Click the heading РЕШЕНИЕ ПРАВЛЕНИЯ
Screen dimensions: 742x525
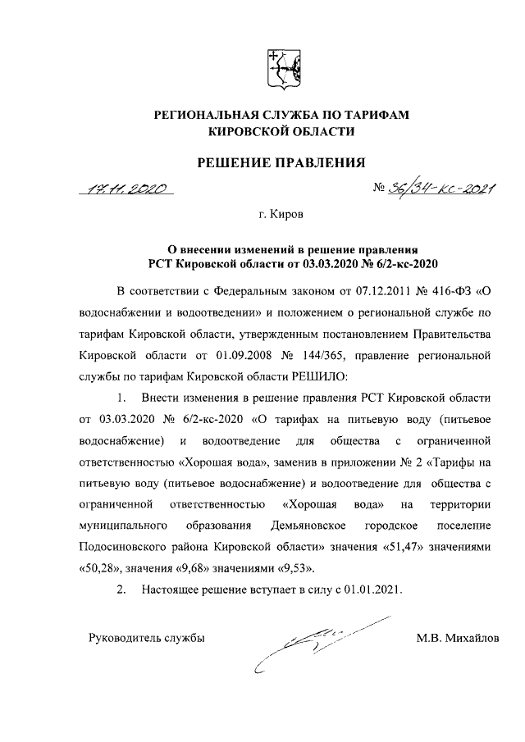coord(281,162)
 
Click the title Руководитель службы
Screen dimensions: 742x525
coord(140,637)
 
